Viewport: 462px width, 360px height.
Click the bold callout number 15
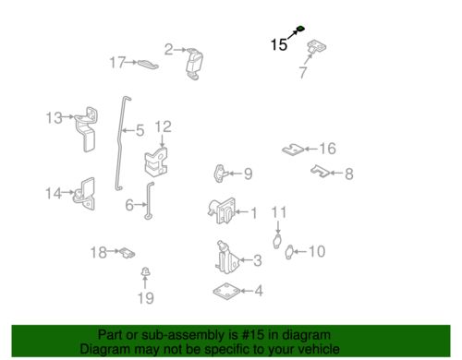(x=279, y=44)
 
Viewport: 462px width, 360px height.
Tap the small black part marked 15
(x=300, y=29)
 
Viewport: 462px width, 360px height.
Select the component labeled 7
(x=317, y=47)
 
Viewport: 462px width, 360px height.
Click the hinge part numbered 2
(x=195, y=64)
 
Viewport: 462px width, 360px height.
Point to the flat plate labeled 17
(x=148, y=64)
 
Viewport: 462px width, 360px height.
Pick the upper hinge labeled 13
(x=87, y=128)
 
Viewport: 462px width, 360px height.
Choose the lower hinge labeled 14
(x=85, y=194)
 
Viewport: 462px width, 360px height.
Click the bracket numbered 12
(x=156, y=162)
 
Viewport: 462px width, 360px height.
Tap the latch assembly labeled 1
(x=222, y=210)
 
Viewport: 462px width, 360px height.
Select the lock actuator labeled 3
(x=227, y=258)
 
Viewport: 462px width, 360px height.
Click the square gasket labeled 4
(x=227, y=291)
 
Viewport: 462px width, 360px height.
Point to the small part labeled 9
(x=221, y=174)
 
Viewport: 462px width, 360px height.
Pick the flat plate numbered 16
(x=293, y=150)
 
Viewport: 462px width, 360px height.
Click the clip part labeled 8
(x=321, y=172)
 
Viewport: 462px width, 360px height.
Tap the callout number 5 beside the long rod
(x=140, y=131)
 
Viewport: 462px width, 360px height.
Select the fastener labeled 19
(x=145, y=272)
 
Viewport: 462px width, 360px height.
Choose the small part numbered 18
(x=128, y=253)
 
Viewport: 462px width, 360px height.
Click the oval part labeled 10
(x=289, y=252)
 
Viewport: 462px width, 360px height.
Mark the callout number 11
(x=279, y=212)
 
